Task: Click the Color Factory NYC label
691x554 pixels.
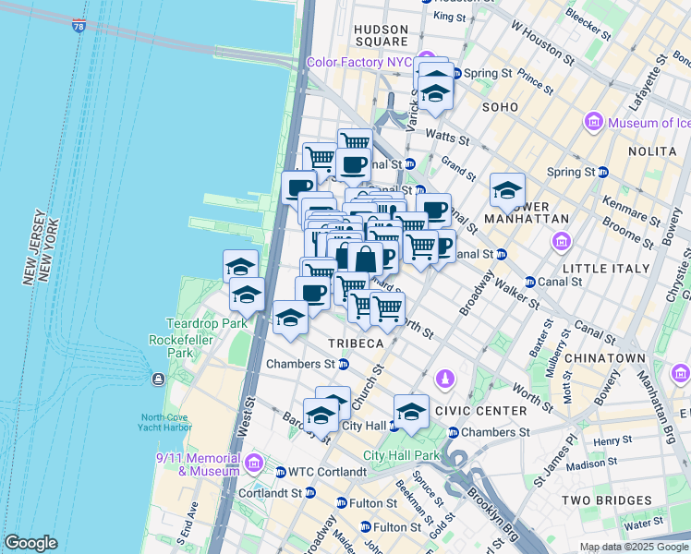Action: [x=359, y=63]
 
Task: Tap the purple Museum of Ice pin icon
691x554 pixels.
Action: [x=594, y=122]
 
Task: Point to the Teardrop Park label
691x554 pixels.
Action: [x=194, y=323]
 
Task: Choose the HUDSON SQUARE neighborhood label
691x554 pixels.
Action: [x=381, y=35]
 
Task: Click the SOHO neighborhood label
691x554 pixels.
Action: [x=500, y=107]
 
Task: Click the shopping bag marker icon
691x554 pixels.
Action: [x=365, y=258]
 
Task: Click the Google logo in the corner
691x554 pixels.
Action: [x=31, y=543]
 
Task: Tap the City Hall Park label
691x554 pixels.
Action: [x=401, y=455]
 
